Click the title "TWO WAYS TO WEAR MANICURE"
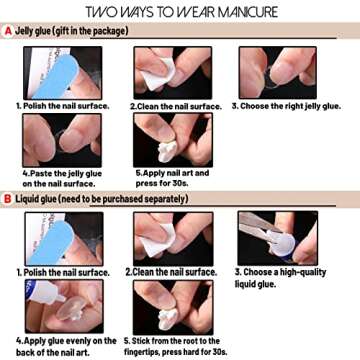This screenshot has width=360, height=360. pyautogui.click(x=180, y=12)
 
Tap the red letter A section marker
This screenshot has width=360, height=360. pyautogui.click(x=8, y=31)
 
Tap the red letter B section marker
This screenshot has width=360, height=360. pyautogui.click(x=8, y=198)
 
